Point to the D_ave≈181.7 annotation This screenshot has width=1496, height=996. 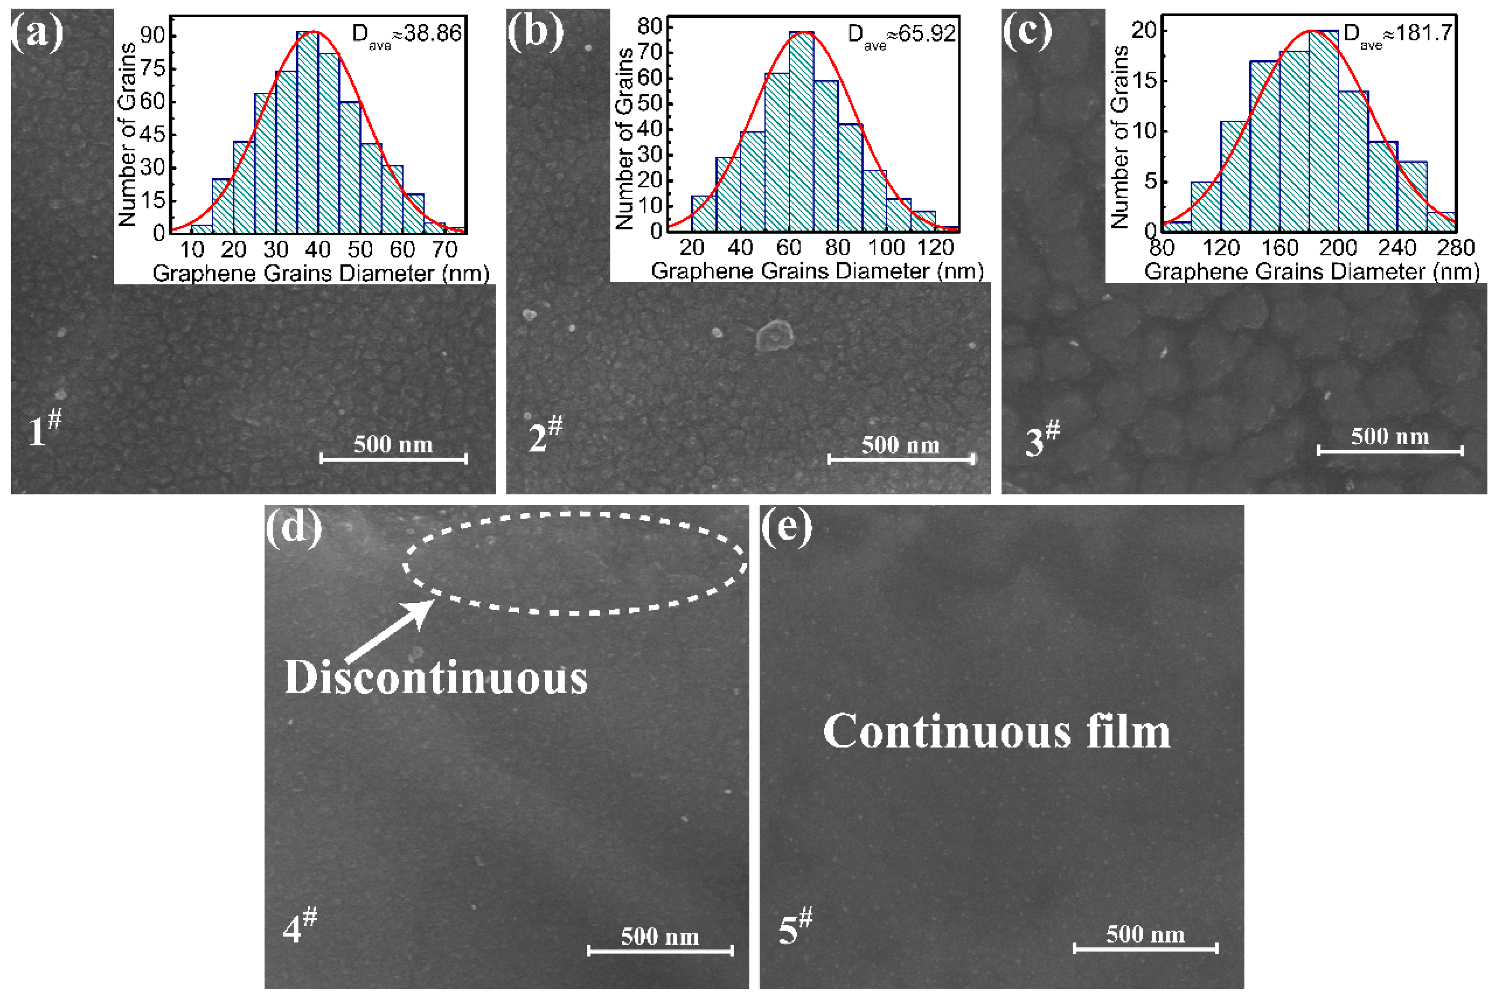click(1398, 33)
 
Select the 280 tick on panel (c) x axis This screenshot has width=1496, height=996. click(1455, 248)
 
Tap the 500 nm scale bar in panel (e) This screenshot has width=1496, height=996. click(1145, 949)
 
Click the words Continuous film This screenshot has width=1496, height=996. click(996, 732)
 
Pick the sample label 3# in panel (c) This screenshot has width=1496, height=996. click(1042, 439)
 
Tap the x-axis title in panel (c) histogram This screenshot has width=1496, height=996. click(1312, 272)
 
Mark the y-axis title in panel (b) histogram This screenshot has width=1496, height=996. click(624, 138)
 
